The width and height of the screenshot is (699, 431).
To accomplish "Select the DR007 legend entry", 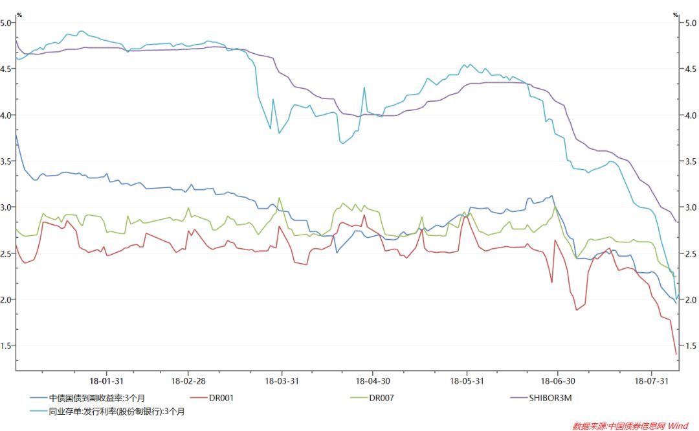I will coord(381,397).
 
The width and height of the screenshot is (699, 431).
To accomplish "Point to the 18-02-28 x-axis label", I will coord(188,381).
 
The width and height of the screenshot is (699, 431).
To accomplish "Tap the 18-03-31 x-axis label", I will coord(282,381).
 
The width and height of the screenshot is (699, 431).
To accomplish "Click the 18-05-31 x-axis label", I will coord(466,381).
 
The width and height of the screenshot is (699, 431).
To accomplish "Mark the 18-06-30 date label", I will coord(558,381).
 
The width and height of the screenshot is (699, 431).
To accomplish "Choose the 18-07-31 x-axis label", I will coord(652,381).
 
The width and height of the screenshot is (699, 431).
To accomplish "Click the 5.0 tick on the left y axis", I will coord(6,23).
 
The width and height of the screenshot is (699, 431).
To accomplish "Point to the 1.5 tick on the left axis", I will coord(6,345).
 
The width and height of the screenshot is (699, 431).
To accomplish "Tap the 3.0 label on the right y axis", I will coord(690,207).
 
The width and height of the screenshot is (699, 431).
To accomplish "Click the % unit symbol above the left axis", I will coord(19,14).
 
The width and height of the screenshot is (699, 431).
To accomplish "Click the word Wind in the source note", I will coord(678,425).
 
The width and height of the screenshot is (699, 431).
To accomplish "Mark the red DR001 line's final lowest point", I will coord(676,354).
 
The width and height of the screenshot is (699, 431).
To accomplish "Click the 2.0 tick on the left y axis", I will coord(6,299).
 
